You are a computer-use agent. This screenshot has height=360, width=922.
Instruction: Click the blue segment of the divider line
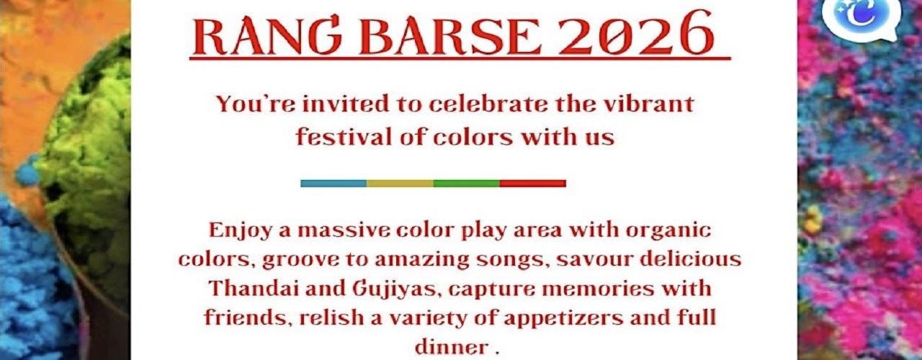[x=334, y=184]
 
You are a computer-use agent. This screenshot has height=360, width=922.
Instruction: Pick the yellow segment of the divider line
[x=400, y=184]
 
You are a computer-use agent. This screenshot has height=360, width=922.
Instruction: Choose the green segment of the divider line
[x=466, y=184]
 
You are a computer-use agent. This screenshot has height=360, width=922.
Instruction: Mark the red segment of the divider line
[x=532, y=184]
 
